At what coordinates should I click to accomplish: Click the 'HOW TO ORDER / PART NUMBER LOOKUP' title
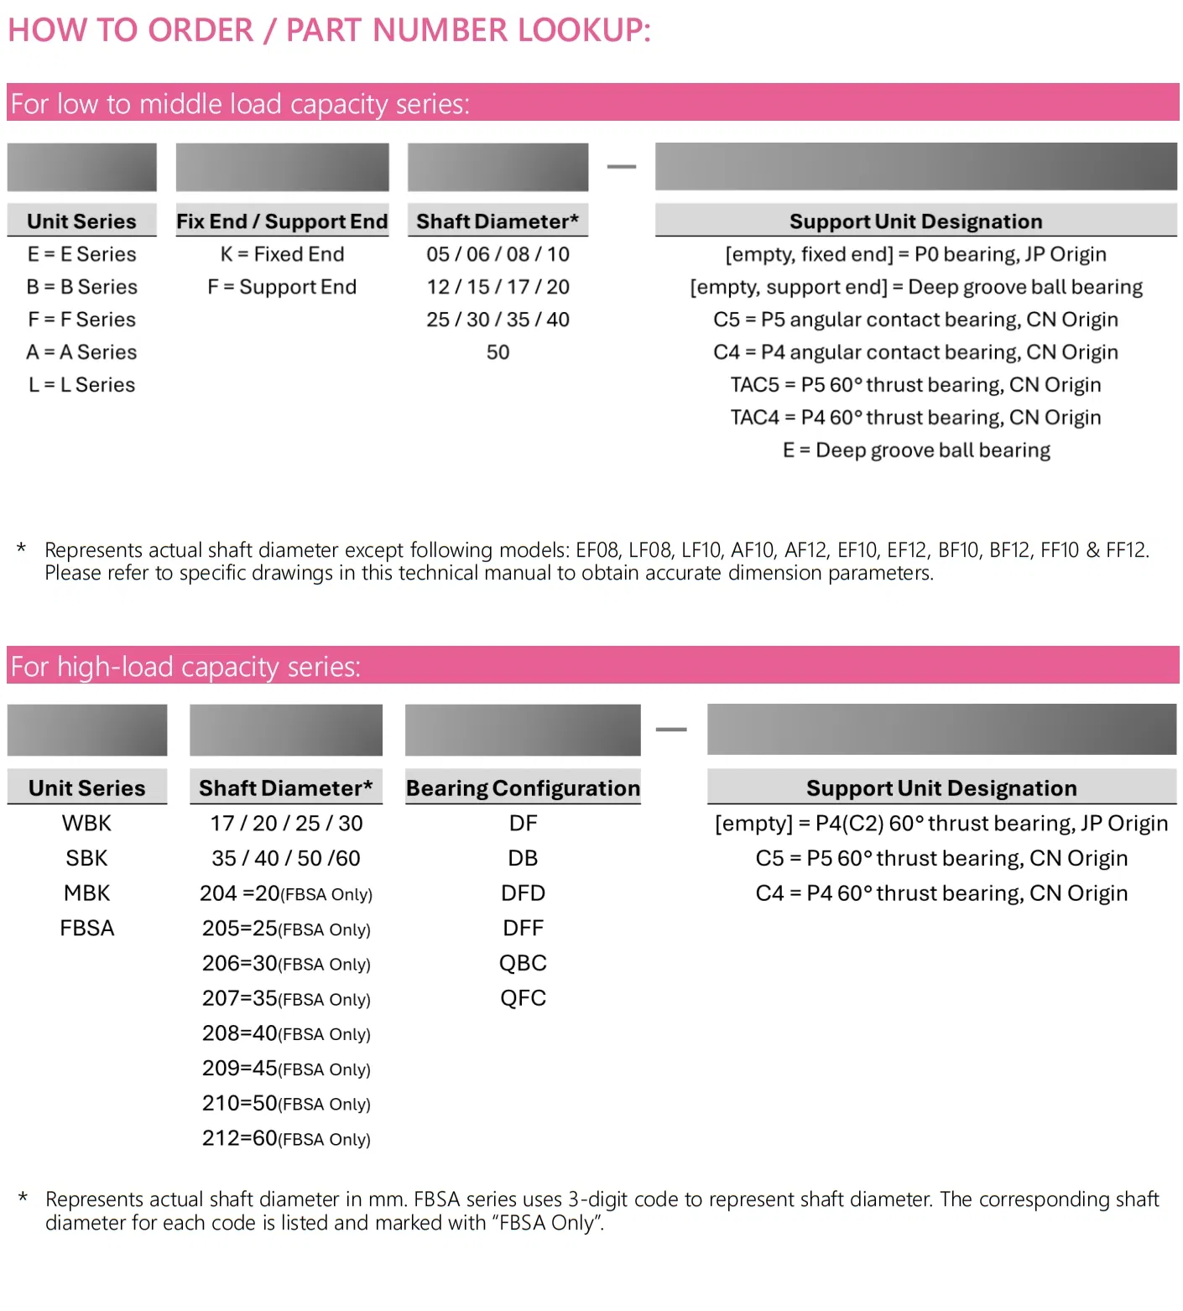click(x=329, y=30)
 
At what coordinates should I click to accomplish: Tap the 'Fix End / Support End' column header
click(x=282, y=221)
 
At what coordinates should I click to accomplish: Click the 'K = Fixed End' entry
click(x=282, y=254)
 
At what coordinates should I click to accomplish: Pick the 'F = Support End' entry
click(x=282, y=287)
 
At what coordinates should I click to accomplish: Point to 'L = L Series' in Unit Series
click(x=81, y=385)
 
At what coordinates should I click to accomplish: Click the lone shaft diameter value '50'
click(x=498, y=352)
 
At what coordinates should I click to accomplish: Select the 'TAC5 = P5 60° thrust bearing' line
click(x=915, y=385)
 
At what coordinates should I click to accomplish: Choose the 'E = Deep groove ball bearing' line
click(x=915, y=450)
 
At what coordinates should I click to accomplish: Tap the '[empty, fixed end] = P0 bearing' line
click(x=915, y=254)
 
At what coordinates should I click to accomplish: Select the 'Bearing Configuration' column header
click(x=523, y=788)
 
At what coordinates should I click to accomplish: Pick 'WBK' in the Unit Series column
click(x=86, y=824)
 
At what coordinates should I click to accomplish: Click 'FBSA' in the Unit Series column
click(x=86, y=929)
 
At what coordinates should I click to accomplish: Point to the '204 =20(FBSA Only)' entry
click(x=286, y=894)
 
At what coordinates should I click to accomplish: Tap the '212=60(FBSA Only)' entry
click(x=286, y=1138)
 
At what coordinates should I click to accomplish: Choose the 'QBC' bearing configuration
click(x=523, y=964)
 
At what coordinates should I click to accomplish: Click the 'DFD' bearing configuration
click(x=523, y=893)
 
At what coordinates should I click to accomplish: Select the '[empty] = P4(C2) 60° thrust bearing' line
click(x=941, y=824)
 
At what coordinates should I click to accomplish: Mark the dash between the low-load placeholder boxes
click(x=622, y=167)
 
